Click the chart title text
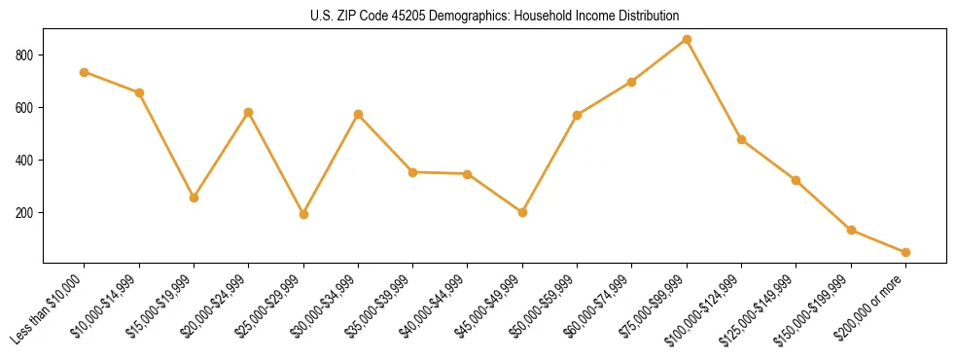click(x=495, y=17)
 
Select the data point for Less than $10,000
click(x=85, y=72)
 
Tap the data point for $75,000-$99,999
click(x=687, y=39)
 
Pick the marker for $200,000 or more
click(x=905, y=252)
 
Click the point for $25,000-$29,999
click(x=303, y=214)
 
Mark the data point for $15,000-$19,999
click(x=195, y=198)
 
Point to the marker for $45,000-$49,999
click(x=522, y=212)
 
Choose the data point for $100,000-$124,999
click(x=741, y=139)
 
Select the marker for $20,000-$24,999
click(x=249, y=112)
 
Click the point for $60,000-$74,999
click(x=632, y=82)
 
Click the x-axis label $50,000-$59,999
click(x=546, y=306)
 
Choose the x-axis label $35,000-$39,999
click(x=381, y=306)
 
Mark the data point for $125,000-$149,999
click(x=796, y=180)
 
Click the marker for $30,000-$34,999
click(x=358, y=114)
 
